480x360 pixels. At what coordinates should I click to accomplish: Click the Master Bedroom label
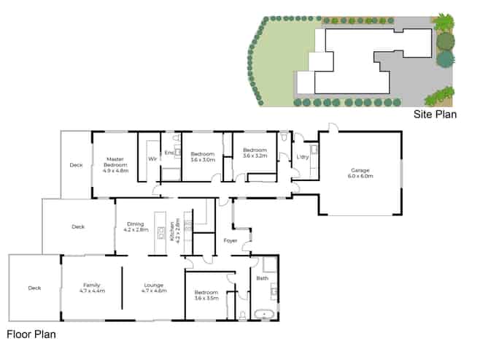[x=117, y=164]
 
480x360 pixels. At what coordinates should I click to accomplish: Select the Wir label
[x=152, y=158]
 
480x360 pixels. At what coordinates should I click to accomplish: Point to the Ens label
[x=169, y=152]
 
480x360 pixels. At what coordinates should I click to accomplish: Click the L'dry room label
[x=303, y=158]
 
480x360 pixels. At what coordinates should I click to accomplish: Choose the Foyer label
[x=231, y=240]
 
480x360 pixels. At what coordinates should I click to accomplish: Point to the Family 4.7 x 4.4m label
[x=92, y=287]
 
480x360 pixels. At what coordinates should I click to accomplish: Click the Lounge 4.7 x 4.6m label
[x=154, y=287]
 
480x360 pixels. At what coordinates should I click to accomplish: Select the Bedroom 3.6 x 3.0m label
[x=203, y=156]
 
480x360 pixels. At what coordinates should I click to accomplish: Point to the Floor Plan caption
[x=31, y=335]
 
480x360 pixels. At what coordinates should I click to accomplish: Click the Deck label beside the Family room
[x=34, y=288]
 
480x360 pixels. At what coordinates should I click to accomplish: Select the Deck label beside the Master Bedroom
[x=77, y=165]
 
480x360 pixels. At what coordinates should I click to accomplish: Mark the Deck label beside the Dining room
[x=78, y=226]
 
